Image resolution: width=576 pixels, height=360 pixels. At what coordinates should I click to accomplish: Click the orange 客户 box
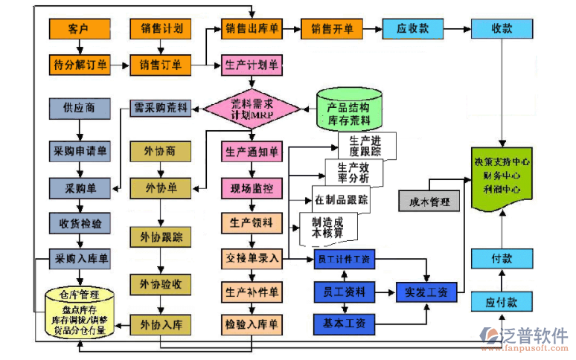pos(79,29)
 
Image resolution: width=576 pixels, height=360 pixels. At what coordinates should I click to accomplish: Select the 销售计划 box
pos(161,29)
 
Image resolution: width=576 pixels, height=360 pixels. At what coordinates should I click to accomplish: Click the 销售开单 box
pos(332,29)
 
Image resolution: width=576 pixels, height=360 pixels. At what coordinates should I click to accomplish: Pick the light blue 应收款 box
pos(412,29)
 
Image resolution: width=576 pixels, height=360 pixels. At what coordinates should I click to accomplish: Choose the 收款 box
pos(502,29)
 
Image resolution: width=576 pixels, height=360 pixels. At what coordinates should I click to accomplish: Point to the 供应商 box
pos(79,108)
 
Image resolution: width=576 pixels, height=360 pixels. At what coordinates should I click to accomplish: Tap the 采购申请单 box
pos(79,151)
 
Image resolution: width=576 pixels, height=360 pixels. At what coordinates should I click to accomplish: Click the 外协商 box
pos(161,151)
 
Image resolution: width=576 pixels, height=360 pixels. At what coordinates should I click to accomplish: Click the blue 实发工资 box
pos(426,292)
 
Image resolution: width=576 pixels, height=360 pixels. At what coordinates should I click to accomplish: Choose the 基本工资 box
pos(345,324)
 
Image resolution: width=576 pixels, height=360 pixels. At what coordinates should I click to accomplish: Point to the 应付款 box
pos(502,303)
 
